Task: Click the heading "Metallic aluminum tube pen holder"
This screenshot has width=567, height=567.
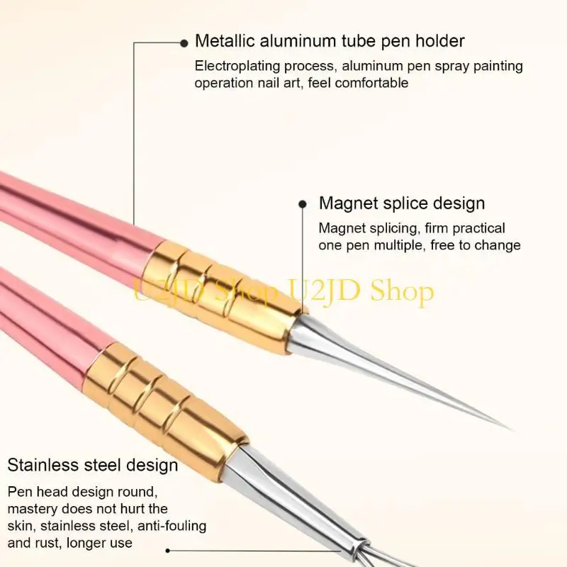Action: pos(330,41)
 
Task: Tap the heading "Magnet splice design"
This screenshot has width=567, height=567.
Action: pos(402,203)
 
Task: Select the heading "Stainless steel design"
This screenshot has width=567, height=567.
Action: pos(93,466)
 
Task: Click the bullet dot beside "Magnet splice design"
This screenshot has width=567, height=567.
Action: pos(303,204)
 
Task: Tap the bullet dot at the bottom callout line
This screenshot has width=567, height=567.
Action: pos(169,550)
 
